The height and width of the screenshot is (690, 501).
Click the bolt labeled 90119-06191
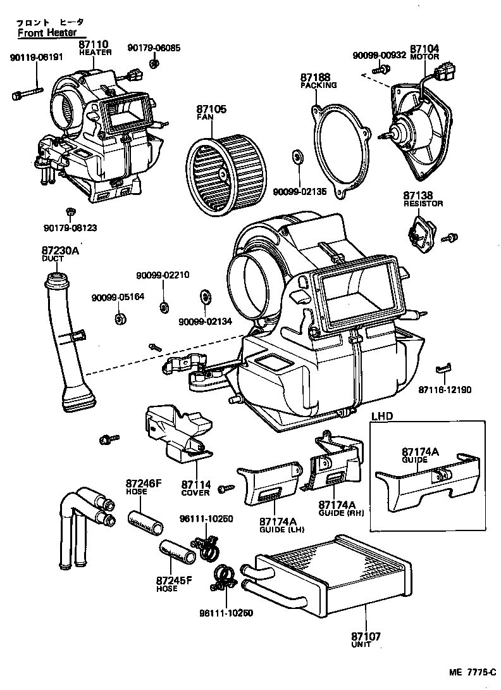(22, 94)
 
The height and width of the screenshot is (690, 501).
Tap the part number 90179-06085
(153, 47)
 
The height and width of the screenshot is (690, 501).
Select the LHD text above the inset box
(383, 417)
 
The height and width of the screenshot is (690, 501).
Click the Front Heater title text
(47, 32)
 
